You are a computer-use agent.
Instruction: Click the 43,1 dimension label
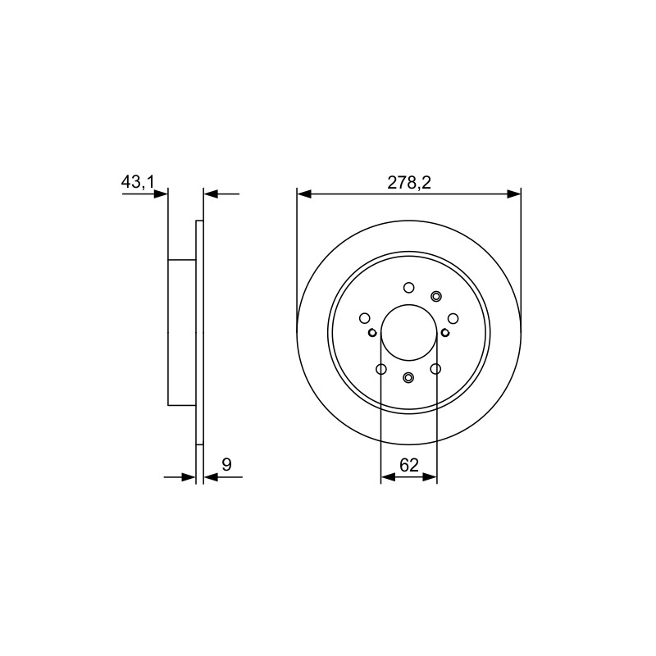point(138,182)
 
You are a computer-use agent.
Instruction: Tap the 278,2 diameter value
point(408,183)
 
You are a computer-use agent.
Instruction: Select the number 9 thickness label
point(226,464)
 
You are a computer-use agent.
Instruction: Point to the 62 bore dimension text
point(408,465)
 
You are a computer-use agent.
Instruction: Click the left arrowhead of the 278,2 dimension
point(304,194)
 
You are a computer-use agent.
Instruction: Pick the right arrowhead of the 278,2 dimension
point(514,194)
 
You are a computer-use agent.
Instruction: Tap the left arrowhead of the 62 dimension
point(388,476)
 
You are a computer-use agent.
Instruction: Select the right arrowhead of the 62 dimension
point(430,476)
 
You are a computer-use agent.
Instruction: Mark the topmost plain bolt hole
point(408,288)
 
